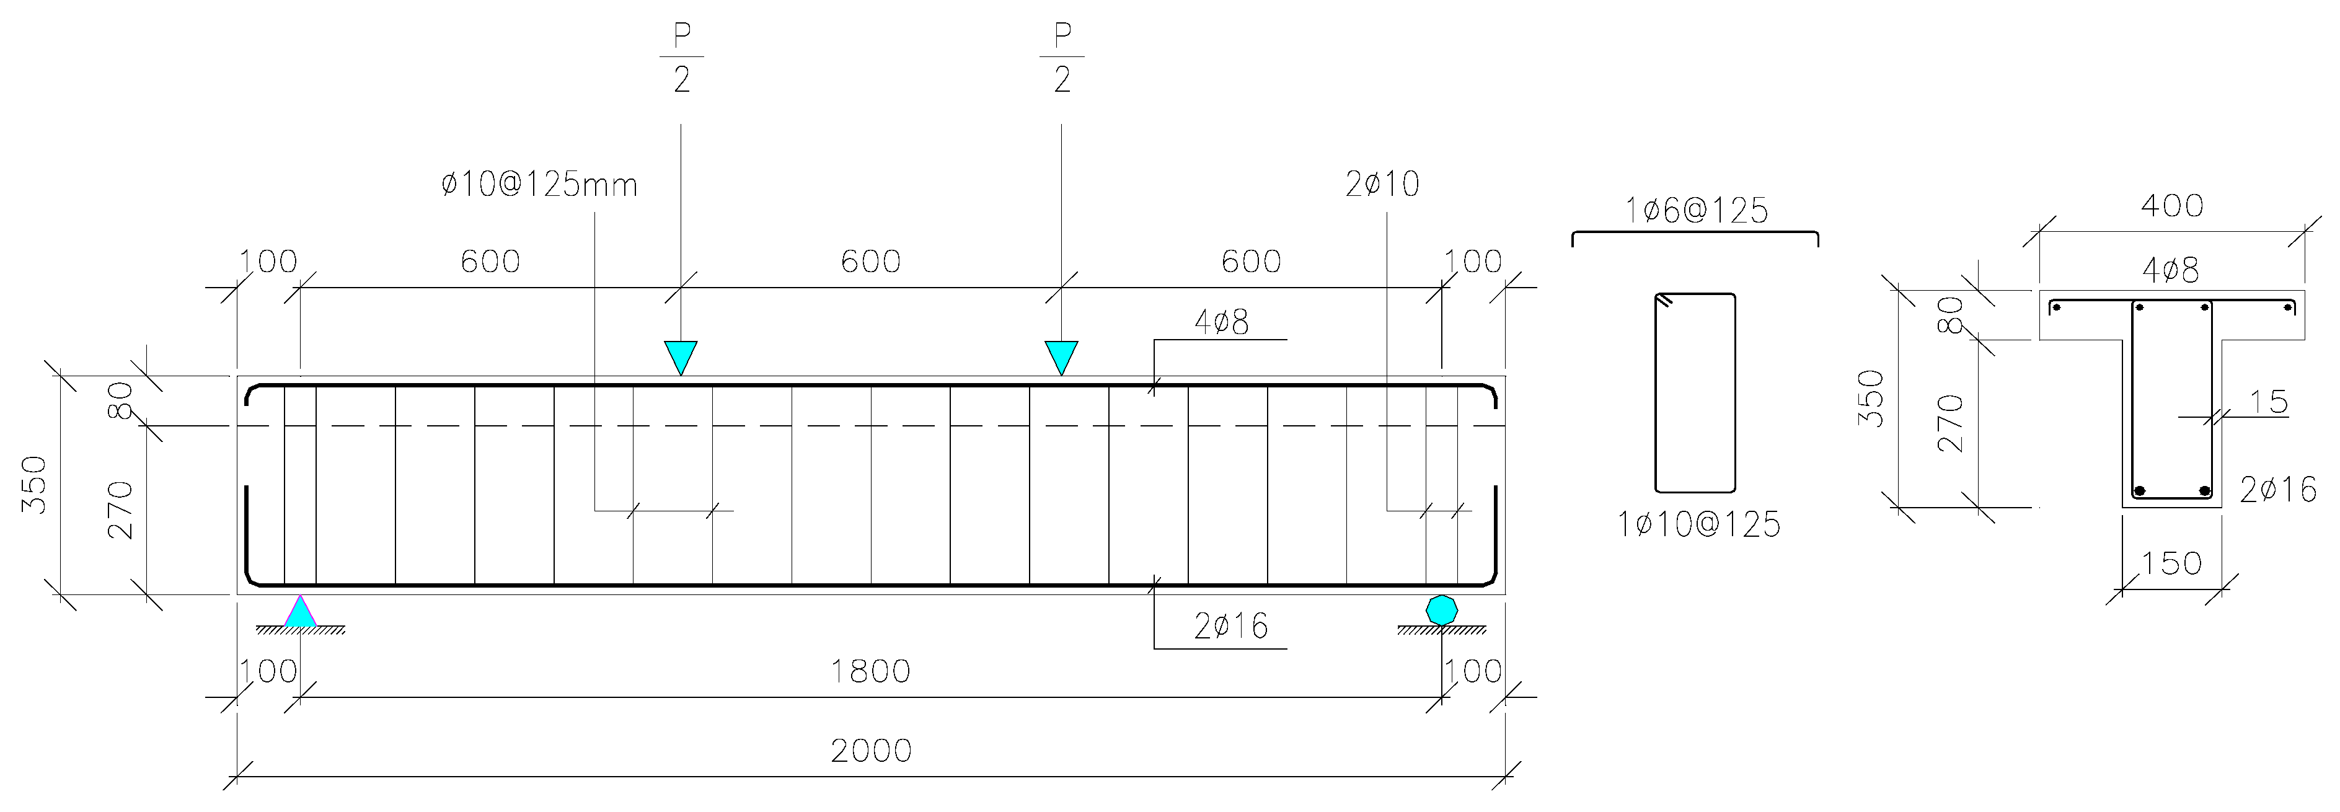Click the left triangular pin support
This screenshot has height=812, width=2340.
301,612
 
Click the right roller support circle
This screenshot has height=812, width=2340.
1442,609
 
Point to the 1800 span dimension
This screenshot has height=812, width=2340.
870,672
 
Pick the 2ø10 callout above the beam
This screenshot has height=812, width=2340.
1382,184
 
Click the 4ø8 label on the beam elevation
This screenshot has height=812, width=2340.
1221,322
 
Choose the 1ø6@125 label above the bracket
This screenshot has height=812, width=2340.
1696,211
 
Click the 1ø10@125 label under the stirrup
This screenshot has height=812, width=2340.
1698,525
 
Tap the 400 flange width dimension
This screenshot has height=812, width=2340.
2172,206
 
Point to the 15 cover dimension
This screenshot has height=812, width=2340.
2268,402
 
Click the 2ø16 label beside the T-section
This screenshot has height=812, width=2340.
2277,490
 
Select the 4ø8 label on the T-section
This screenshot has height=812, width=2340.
2170,270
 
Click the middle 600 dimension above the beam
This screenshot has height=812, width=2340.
870,262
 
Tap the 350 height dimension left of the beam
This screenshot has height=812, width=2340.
35,484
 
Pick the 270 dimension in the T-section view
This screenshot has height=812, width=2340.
1949,423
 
